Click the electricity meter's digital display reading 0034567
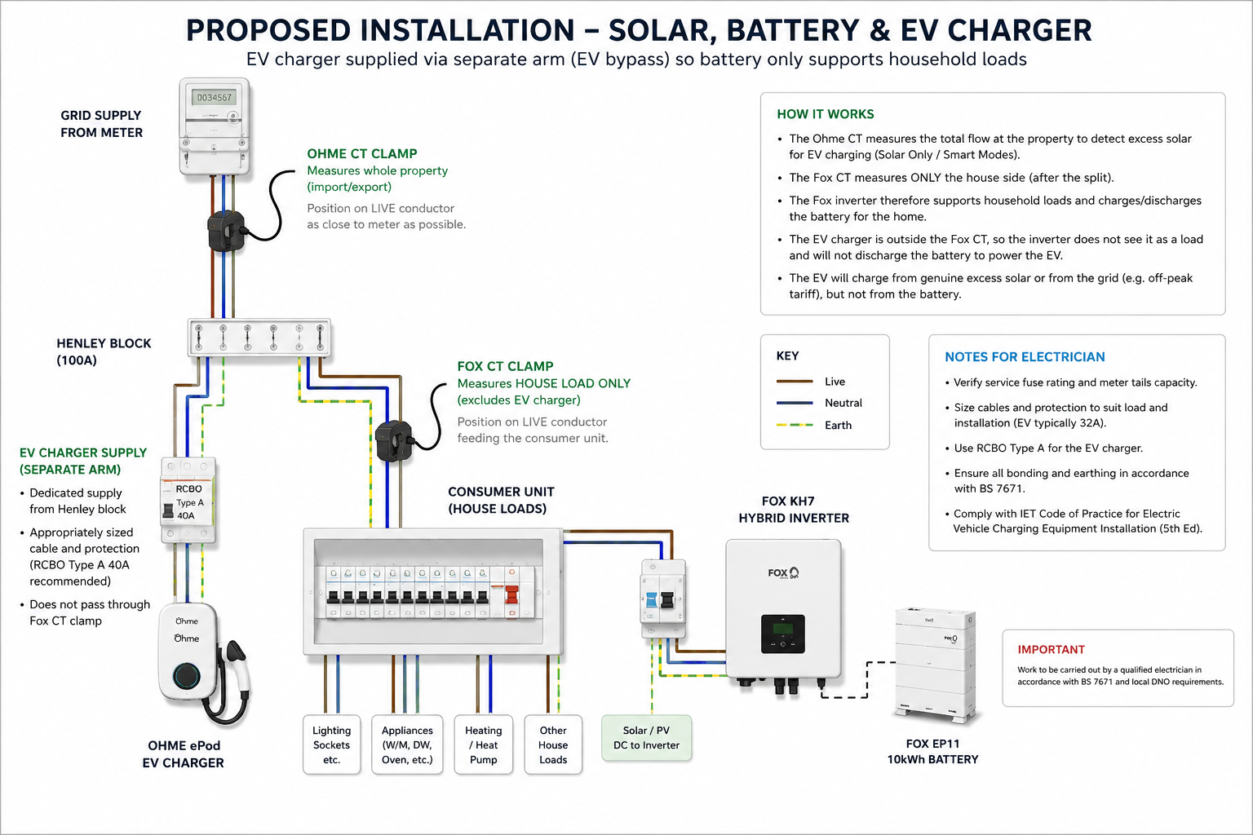click(215, 97)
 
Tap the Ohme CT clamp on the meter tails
click(227, 231)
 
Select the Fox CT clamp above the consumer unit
click(394, 440)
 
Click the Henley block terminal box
click(259, 338)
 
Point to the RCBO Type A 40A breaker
click(188, 500)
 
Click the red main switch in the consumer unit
click(511, 594)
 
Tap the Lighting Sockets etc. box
click(332, 744)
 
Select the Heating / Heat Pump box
click(483, 744)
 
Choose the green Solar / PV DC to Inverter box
click(646, 738)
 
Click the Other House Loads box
click(553, 744)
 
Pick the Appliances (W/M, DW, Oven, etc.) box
click(407, 744)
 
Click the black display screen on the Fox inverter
click(782, 634)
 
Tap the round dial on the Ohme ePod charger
click(186, 676)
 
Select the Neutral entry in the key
click(820, 403)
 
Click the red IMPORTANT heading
click(1051, 649)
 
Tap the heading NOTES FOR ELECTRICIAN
click(1025, 357)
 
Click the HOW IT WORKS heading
click(825, 114)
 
